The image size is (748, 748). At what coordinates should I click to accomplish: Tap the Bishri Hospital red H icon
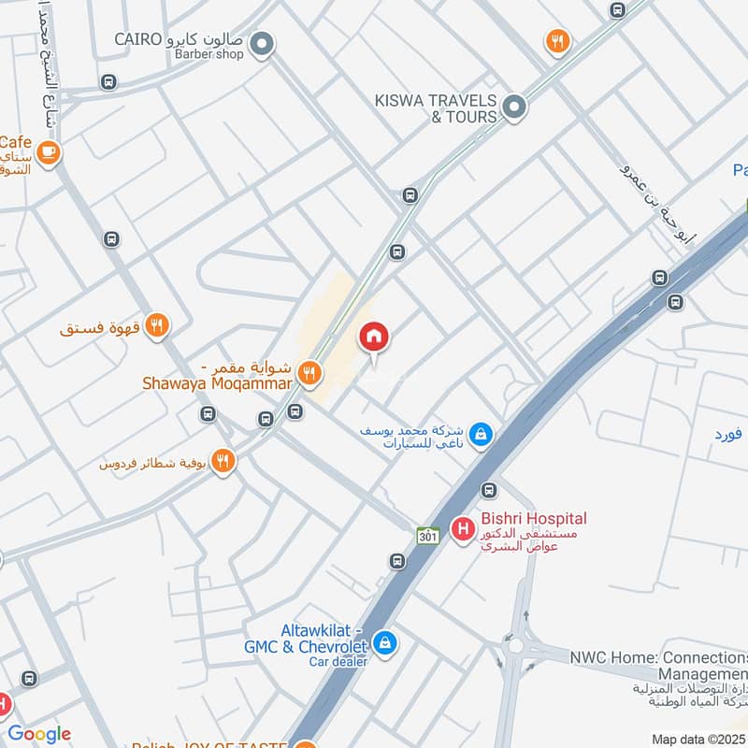(x=462, y=529)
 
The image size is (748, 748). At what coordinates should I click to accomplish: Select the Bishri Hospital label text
(x=533, y=518)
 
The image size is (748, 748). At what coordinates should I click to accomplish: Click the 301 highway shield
(x=428, y=533)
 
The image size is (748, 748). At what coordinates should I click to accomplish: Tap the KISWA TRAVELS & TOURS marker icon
(x=513, y=108)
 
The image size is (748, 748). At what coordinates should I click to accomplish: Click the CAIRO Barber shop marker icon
(x=263, y=43)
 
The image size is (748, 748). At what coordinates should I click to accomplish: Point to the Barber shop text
(x=209, y=54)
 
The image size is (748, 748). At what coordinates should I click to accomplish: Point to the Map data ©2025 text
(x=697, y=739)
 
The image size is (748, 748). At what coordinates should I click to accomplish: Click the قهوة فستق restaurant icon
(x=157, y=325)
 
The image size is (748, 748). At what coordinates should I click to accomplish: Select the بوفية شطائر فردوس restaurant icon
(x=223, y=461)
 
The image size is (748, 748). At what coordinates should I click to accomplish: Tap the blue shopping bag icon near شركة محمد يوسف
(x=481, y=434)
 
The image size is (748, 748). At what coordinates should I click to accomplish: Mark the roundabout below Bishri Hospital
(x=514, y=646)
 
